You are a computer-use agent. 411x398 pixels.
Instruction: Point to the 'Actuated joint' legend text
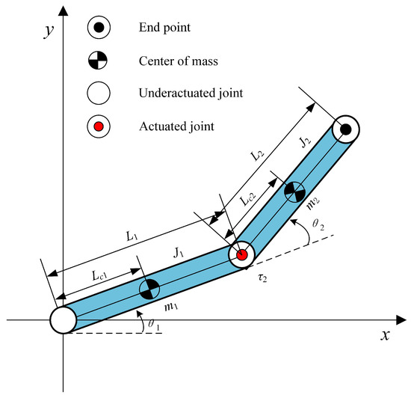pyautogui.click(x=175, y=126)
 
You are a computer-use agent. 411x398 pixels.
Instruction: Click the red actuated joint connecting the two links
pyautogui.click(x=241, y=255)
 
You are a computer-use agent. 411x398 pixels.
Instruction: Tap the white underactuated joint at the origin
pyautogui.click(x=64, y=319)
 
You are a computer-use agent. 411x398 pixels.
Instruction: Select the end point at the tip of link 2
pyautogui.click(x=346, y=130)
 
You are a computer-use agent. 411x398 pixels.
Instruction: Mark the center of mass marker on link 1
pyautogui.click(x=150, y=287)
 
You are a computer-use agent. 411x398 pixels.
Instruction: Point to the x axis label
pyautogui.click(x=386, y=336)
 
